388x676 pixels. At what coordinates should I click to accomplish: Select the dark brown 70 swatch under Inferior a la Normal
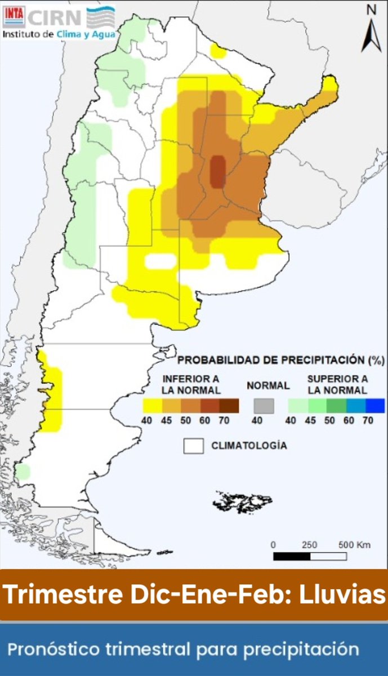pyautogui.click(x=229, y=406)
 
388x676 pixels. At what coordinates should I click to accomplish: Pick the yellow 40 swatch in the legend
pyautogui.click(x=151, y=406)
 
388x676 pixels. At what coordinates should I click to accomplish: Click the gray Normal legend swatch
pyautogui.click(x=263, y=406)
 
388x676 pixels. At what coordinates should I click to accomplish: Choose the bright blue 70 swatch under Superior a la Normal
pyautogui.click(x=375, y=406)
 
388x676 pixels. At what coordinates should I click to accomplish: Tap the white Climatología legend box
pyautogui.click(x=193, y=446)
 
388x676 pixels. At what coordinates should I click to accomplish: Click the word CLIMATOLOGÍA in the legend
pyautogui.click(x=249, y=446)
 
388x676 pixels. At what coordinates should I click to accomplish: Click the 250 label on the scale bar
pyautogui.click(x=309, y=545)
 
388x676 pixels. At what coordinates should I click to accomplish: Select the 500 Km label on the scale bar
pyautogui.click(x=354, y=545)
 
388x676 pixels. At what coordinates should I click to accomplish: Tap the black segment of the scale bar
pyautogui.click(x=292, y=557)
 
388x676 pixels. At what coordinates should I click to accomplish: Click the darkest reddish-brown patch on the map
pyautogui.click(x=217, y=172)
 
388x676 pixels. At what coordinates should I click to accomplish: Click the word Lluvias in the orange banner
pyautogui.click(x=339, y=595)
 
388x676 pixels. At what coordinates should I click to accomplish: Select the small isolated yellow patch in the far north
pyautogui.click(x=218, y=51)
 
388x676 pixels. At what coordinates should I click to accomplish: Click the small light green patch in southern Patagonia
pyautogui.click(x=22, y=472)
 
